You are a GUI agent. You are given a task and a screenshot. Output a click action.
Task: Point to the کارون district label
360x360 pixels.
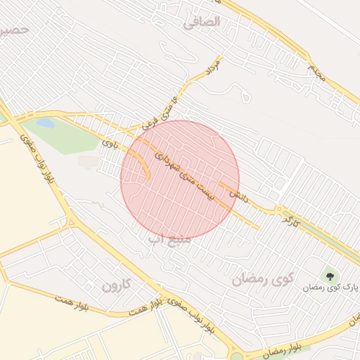(117, 285)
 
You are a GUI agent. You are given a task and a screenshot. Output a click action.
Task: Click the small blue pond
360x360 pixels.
(46, 123)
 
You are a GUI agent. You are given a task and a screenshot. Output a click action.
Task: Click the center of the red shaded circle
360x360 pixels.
(180, 180)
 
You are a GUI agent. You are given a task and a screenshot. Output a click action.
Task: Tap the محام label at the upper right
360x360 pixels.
(316, 70)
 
